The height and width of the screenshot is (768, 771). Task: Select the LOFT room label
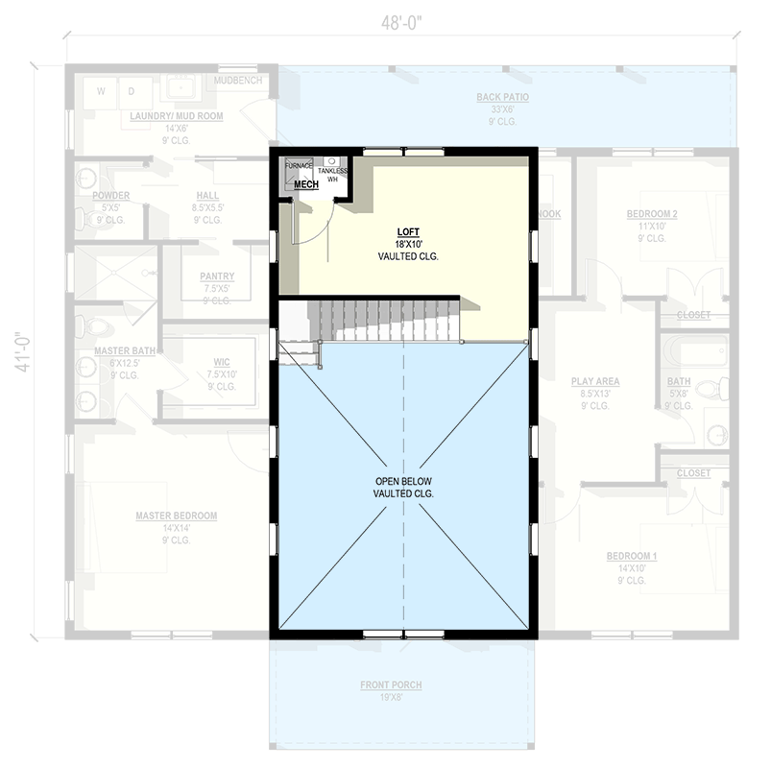point(407,232)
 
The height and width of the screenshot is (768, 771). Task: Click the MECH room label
point(305,184)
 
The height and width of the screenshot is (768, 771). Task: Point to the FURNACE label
point(300,166)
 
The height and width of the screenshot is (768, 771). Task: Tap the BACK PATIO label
point(502,97)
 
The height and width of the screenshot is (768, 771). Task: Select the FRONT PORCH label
point(391,684)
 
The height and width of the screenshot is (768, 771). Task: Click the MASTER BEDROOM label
point(176,516)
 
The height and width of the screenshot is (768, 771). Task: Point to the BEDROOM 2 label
point(652,213)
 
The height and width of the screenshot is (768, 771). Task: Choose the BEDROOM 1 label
point(631,556)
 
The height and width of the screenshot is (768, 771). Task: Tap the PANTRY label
point(217,276)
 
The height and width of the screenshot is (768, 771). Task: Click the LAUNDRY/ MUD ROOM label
point(176,115)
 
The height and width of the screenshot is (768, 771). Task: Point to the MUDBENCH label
point(237,81)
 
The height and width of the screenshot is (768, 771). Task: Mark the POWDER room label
point(111,195)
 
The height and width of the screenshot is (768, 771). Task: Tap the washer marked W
point(100,91)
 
